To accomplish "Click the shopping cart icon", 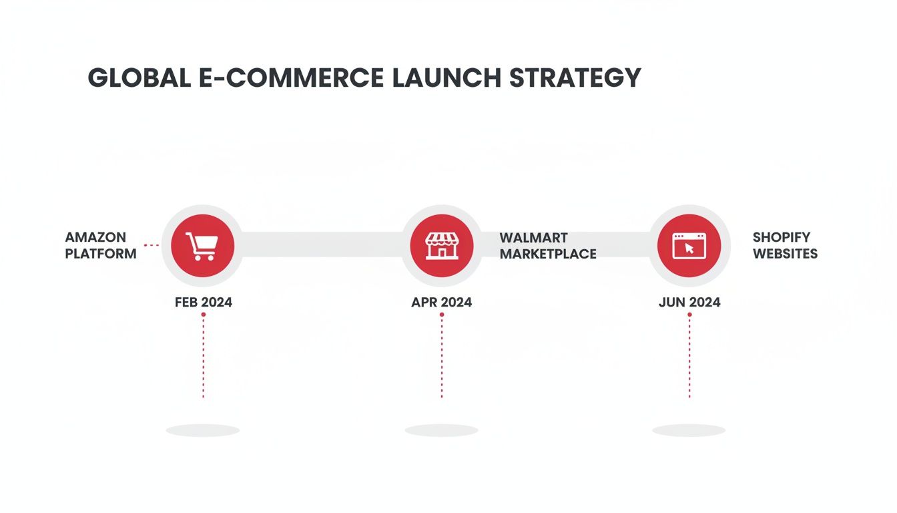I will pos(202,246).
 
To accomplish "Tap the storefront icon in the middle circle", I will pos(441,246).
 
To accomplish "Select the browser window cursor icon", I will pos(689,246).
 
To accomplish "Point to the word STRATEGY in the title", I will pos(575,78).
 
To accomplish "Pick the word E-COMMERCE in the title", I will pos(291,78).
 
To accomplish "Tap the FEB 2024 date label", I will pos(204,302).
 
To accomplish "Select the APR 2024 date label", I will pos(441,302).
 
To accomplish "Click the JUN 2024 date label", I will pos(689,302).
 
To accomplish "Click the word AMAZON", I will pos(95,237).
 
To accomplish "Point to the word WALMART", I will pos(533,238).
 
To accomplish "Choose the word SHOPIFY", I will pos(782,237).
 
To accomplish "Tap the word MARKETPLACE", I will pos(548,254).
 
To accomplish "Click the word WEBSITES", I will pos(785,254).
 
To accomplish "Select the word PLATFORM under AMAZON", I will pos(101,254).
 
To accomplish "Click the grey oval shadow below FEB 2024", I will pos(203,431).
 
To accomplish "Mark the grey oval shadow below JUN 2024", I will pos(689,431).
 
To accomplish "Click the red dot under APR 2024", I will pos(442,315).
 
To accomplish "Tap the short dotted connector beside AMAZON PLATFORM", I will pos(152,245).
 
